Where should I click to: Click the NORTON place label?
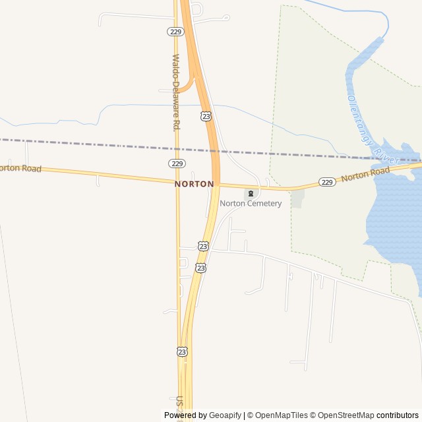195,184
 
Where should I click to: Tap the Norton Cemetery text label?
251,203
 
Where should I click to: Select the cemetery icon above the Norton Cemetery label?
251,193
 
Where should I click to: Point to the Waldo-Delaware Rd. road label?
176,92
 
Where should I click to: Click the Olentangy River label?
373,129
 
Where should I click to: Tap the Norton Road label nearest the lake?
366,175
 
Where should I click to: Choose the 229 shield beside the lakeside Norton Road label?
327,181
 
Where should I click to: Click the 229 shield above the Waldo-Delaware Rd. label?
175,32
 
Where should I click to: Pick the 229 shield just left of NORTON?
176,163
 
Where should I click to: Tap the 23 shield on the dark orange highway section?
206,116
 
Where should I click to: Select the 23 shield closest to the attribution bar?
182,351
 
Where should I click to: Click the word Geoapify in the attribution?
226,415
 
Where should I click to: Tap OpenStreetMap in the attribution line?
346,415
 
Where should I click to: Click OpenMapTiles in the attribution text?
281,415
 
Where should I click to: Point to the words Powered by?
185,415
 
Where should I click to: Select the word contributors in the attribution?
398,415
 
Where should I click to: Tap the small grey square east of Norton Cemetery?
297,199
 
